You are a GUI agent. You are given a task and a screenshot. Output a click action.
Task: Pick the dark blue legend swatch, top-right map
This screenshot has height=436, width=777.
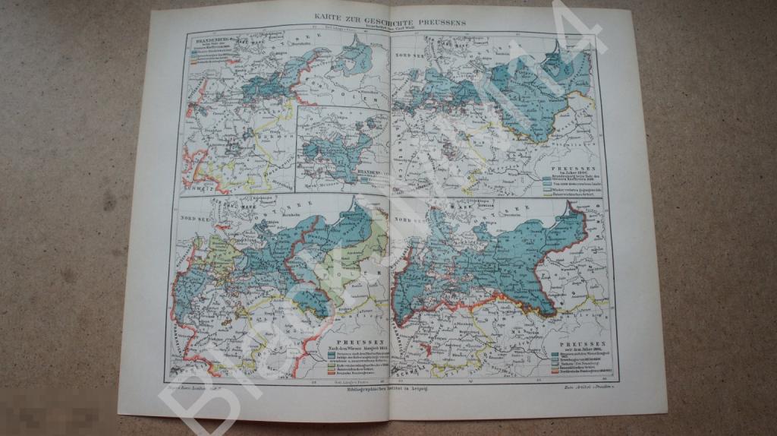pos(547,178)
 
